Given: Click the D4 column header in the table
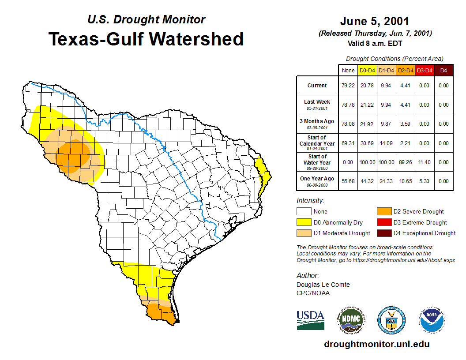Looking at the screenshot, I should [x=443, y=71].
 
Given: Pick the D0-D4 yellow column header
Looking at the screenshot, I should [x=367, y=71].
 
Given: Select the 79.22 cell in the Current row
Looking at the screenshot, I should [x=348, y=86].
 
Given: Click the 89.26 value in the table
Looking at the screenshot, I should [x=405, y=162].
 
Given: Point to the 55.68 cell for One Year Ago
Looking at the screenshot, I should [x=348, y=181].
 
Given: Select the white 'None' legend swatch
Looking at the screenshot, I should [x=304, y=212].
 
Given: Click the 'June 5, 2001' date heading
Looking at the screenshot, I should [x=375, y=21].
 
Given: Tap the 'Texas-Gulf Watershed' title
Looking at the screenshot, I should [x=146, y=39].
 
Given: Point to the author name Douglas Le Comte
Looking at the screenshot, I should [x=323, y=285].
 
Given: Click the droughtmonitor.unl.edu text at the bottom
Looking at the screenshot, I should [x=376, y=344].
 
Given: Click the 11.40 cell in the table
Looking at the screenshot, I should [x=424, y=162].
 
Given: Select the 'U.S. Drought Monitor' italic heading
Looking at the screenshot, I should [x=146, y=19].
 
